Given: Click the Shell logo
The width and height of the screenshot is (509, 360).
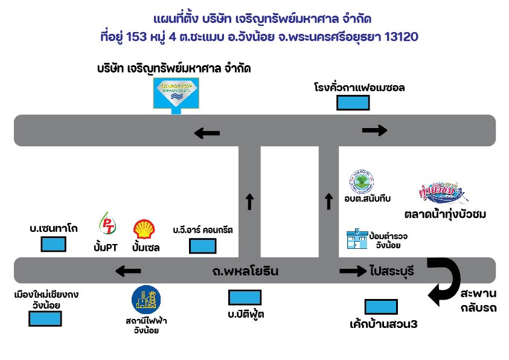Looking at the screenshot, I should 144,230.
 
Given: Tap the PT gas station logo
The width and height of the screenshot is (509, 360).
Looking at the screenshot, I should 107,225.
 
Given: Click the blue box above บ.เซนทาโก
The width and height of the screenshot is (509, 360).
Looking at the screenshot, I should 53,245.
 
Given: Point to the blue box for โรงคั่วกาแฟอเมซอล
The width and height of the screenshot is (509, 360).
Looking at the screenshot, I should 353,103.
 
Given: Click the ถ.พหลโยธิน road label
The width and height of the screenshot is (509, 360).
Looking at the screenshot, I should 245,271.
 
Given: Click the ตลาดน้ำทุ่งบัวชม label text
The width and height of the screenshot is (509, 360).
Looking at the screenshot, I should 446,214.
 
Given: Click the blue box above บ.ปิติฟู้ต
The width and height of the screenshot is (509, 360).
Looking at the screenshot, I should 245,298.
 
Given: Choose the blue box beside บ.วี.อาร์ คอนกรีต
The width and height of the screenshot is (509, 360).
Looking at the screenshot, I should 202,246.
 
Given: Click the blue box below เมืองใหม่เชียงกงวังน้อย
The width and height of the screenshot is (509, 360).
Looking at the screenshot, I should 45,318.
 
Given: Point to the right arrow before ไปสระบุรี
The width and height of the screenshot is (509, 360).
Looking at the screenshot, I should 353,271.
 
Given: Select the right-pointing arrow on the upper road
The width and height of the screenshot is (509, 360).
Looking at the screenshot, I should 374,130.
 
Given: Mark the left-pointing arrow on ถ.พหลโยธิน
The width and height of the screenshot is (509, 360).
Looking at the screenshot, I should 128,271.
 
